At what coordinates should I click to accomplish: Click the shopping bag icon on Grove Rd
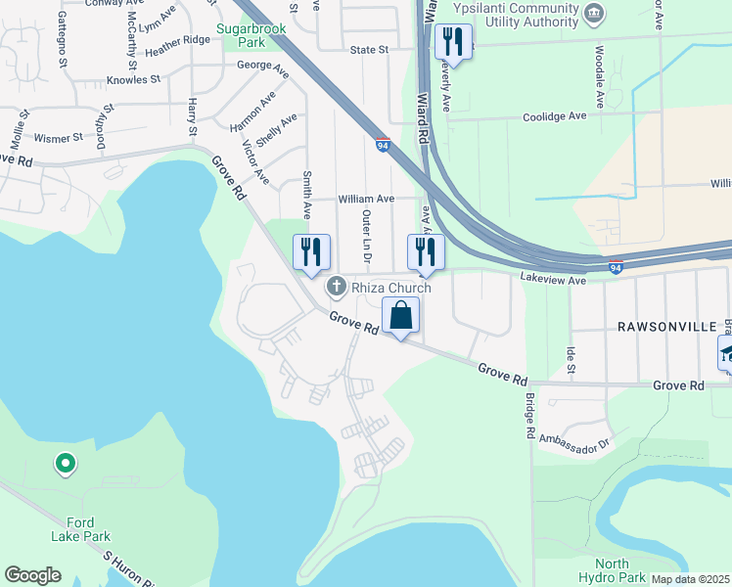point(400,316)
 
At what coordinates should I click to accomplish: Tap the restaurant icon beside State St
point(452,41)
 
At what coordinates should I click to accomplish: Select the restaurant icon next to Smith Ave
point(311,251)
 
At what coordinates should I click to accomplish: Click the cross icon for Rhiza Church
point(336,287)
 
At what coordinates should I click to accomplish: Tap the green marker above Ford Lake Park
point(65,463)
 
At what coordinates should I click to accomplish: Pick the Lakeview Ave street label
point(552,280)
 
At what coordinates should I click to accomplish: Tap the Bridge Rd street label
point(528,417)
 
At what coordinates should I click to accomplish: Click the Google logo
point(32,575)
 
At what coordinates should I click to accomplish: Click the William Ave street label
point(366,199)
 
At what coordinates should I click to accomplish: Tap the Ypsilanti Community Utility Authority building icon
point(593,14)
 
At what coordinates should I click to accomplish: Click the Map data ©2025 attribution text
point(690,579)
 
